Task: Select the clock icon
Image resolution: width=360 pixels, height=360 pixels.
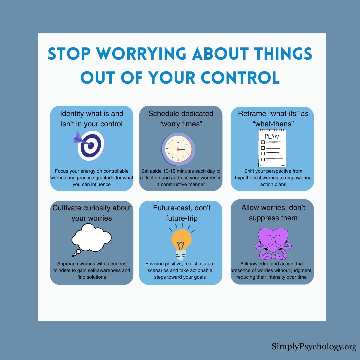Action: (x=178, y=149)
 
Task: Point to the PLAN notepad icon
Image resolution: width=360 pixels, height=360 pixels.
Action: (x=272, y=148)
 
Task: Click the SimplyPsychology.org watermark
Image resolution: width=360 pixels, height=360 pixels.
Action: (x=314, y=347)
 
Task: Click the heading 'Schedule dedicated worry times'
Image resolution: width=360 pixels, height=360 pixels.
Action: (x=181, y=118)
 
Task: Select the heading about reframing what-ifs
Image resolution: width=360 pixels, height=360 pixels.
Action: (x=273, y=118)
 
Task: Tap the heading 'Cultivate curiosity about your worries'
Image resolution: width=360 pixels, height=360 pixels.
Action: (x=92, y=213)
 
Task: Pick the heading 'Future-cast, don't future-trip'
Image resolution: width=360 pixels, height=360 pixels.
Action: (x=182, y=213)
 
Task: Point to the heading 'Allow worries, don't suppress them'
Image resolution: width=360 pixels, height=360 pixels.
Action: (x=273, y=213)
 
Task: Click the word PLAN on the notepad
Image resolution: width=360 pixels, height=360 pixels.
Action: (x=272, y=136)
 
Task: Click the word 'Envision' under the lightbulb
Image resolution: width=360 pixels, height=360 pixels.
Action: (x=155, y=264)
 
